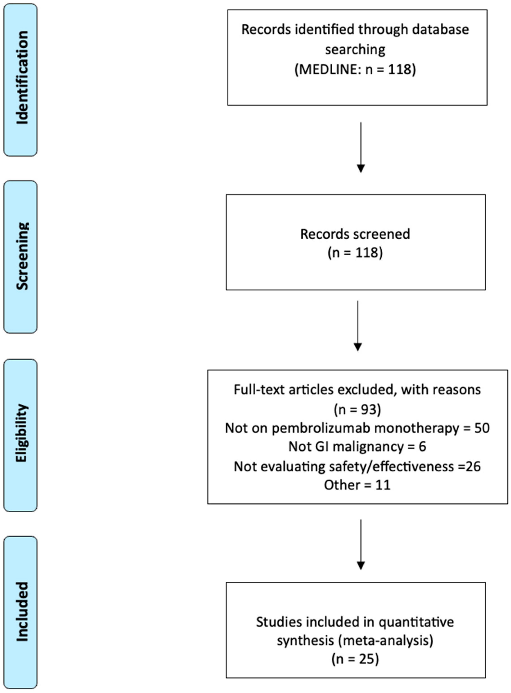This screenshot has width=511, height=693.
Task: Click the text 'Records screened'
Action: (x=355, y=234)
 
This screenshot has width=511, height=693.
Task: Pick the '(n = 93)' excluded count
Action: (x=357, y=409)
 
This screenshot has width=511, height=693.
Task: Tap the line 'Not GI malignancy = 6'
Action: (x=357, y=447)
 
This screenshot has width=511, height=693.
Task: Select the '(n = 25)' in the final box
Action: (x=355, y=659)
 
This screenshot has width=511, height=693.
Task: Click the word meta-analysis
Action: (x=385, y=640)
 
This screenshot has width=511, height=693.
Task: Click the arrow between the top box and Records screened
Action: (x=361, y=147)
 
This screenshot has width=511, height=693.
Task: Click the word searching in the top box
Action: (x=355, y=50)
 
